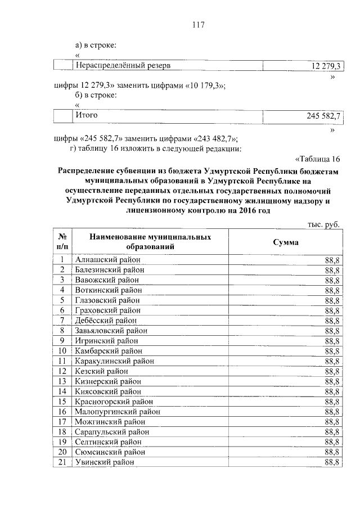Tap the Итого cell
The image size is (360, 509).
[86, 115]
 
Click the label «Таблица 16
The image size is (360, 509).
[318, 159]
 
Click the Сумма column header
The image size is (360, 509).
[286, 242]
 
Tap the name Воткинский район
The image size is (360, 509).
[108, 290]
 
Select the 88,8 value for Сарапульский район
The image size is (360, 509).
[331, 432]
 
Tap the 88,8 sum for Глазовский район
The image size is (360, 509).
[331, 300]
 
